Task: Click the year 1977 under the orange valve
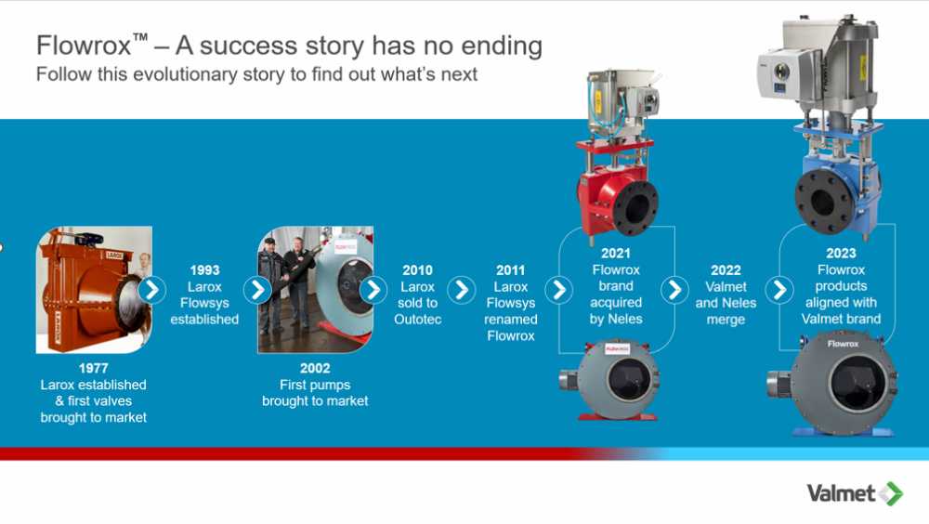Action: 93,368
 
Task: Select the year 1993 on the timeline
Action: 204,270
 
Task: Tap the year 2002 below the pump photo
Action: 315,368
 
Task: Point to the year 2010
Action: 418,270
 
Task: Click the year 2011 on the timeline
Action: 510,270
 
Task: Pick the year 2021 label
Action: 616,254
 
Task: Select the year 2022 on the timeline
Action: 726,270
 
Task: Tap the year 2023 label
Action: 841,254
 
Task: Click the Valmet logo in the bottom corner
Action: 855,493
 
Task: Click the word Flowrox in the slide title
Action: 84,46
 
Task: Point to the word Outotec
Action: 418,320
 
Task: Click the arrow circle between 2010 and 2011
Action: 462,290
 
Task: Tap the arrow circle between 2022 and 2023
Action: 779,290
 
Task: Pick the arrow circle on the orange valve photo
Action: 152,290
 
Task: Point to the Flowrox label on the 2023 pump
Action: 843,344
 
